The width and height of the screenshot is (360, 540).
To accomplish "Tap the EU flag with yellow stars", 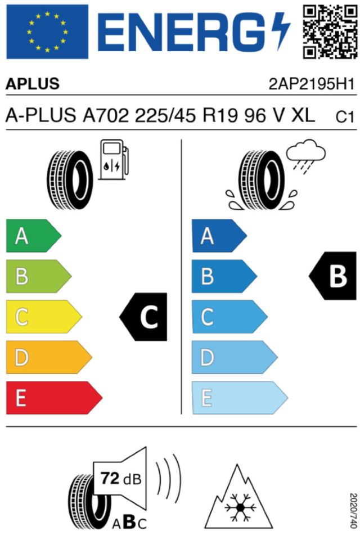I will [x=47, y=31].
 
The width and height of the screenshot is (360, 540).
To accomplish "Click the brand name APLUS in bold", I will [x=33, y=84].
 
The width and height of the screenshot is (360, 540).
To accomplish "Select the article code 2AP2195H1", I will [x=312, y=84].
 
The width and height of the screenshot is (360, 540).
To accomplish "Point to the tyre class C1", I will [x=344, y=117].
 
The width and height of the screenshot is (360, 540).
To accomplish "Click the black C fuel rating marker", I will [x=145, y=317].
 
